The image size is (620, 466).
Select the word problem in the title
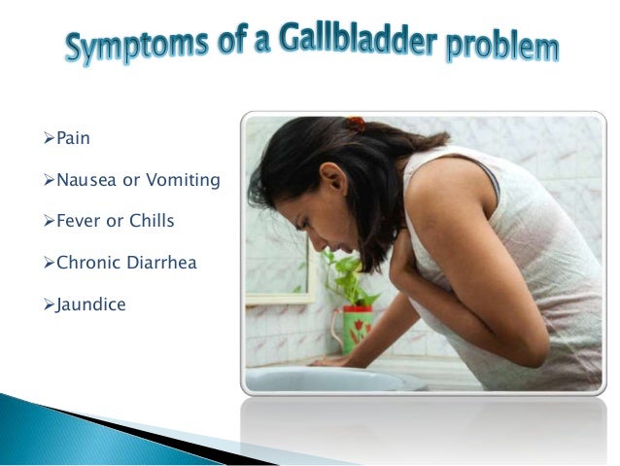tap(499, 47)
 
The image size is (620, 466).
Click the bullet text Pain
tap(73, 138)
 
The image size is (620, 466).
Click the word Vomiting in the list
tap(184, 180)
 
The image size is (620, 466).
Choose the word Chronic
tap(90, 264)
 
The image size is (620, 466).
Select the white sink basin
tap(330, 377)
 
